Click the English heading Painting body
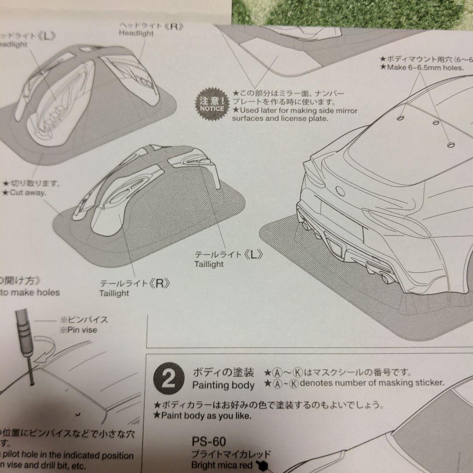pyautogui.click(x=223, y=385)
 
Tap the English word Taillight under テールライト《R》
pyautogui.click(x=114, y=293)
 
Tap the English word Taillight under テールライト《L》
pyautogui.click(x=209, y=264)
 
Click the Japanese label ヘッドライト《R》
pyautogui.click(x=151, y=26)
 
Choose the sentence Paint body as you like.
pyautogui.click(x=204, y=416)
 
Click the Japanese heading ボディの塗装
pyautogui.click(x=223, y=373)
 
